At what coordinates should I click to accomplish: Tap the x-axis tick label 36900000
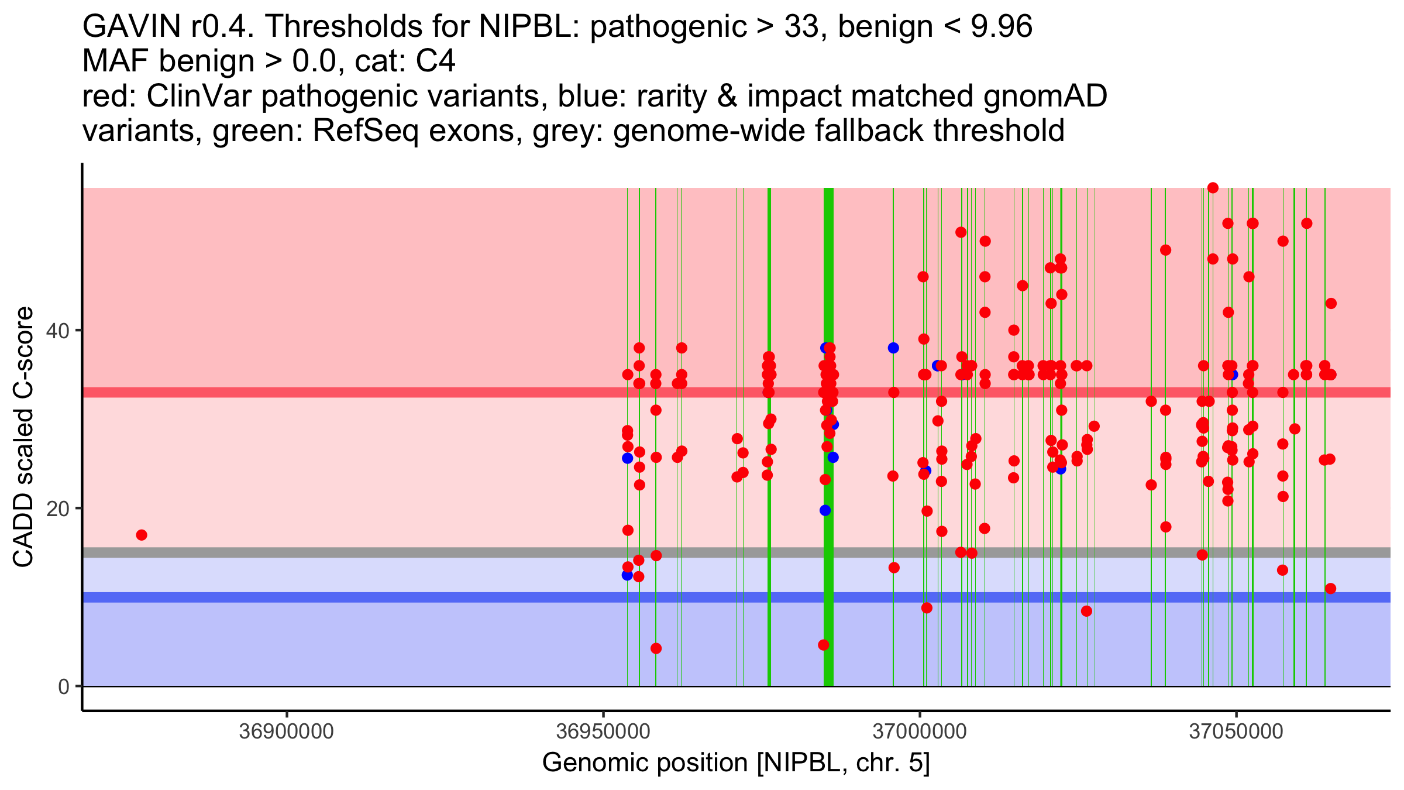pyautogui.click(x=287, y=731)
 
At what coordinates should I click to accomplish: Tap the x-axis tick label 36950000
pyautogui.click(x=603, y=731)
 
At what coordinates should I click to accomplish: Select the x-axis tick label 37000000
pyautogui.click(x=920, y=731)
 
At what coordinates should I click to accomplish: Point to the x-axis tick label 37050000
pyautogui.click(x=1236, y=731)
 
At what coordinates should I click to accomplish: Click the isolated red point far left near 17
pyautogui.click(x=142, y=535)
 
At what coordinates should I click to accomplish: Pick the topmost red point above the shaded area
pyautogui.click(x=1213, y=188)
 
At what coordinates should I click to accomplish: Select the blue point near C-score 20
pyautogui.click(x=825, y=510)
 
